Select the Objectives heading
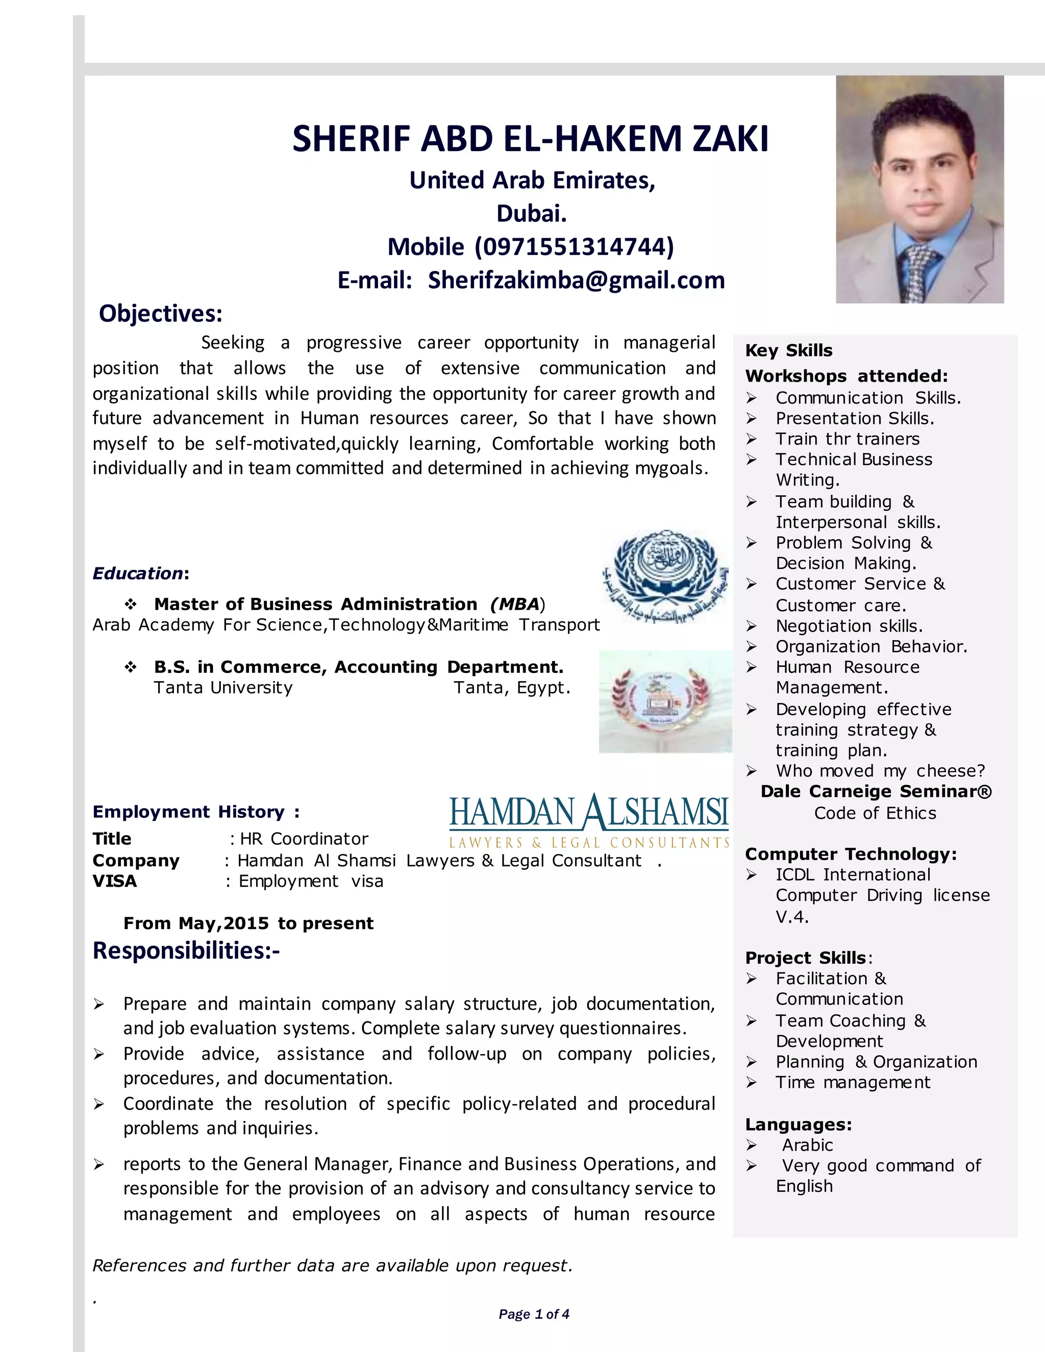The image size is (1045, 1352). coord(160,314)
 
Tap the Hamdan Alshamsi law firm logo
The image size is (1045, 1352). coord(589,820)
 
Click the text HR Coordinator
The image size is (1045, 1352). coord(304,839)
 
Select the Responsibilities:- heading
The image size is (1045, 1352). coord(186,950)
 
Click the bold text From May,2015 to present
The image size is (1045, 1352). coord(248,923)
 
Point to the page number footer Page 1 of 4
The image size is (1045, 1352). coord(534,1314)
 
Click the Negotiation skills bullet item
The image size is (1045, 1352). coord(849,626)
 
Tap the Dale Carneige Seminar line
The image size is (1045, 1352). coord(876,791)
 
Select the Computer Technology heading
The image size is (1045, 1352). coord(851,854)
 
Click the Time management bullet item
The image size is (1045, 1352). coord(853,1082)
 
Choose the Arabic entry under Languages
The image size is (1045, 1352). coord(807,1145)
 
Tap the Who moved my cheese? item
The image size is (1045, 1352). coord(880,771)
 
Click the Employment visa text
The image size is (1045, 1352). coord(311,881)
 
